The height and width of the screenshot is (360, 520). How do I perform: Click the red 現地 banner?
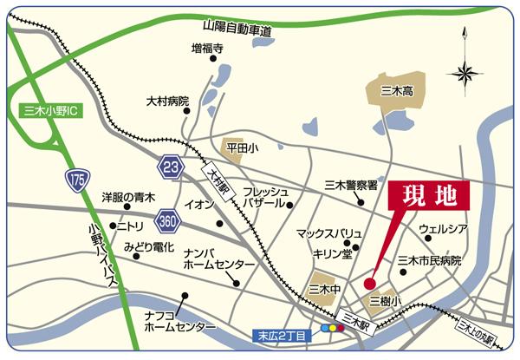coord(428,195)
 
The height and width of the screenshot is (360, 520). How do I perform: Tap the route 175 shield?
coord(76,180)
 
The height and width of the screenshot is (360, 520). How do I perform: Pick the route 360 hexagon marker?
coord(169,221)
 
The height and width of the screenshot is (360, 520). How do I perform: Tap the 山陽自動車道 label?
coord(237,30)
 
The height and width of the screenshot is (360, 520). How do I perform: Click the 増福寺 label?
coord(207,49)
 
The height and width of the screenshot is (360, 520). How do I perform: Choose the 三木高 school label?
coord(397,89)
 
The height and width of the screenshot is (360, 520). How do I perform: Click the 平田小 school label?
coord(242,148)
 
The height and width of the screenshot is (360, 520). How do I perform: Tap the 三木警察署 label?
coord(351,185)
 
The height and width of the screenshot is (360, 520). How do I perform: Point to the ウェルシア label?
coord(443,229)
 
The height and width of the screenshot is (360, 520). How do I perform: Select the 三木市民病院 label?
coord(429,260)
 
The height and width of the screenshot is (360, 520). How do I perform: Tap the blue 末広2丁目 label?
coord(283,335)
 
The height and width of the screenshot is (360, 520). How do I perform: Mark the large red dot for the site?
coord(369,283)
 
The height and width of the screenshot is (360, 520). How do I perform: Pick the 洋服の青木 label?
coord(127,198)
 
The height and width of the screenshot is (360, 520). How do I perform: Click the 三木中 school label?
coord(324,289)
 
